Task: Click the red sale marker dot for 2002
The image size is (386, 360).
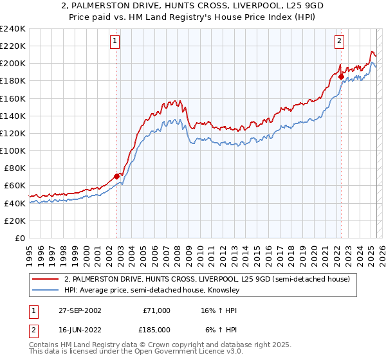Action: (x=117, y=176)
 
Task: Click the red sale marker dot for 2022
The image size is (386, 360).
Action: (x=341, y=76)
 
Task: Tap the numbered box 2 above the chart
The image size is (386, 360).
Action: (x=339, y=41)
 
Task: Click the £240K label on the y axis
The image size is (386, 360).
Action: (x=13, y=29)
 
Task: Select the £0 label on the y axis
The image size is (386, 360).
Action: (x=19, y=238)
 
